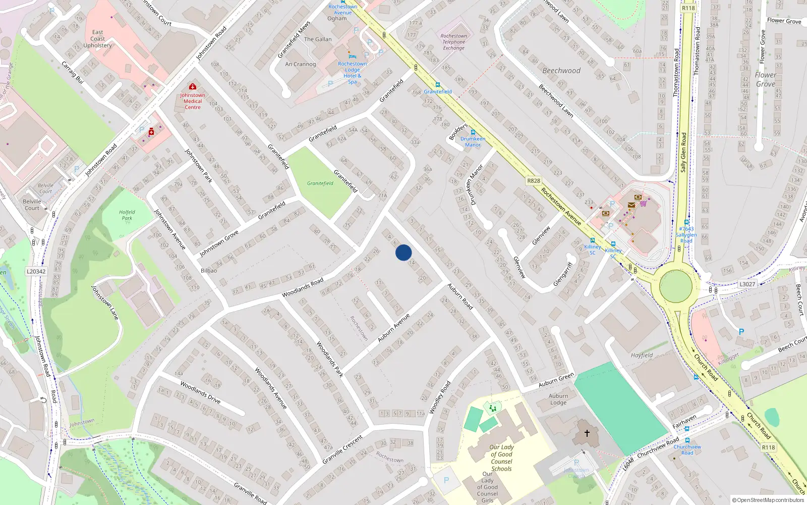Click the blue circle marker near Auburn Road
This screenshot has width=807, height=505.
[403, 252]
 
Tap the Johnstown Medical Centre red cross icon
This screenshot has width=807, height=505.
[192, 87]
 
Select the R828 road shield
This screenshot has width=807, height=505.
[533, 181]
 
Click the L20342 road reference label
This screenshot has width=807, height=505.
[36, 272]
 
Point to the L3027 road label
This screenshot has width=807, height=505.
[747, 284]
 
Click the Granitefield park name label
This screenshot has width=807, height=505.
[320, 183]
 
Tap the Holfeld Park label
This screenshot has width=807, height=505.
[127, 215]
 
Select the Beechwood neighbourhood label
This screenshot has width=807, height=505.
[561, 71]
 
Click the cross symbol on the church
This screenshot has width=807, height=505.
[587, 433]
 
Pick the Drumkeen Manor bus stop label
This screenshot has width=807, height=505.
[473, 141]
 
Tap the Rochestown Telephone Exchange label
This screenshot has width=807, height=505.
[453, 42]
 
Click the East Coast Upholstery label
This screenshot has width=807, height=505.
[98, 39]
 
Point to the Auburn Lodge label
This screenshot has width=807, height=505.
[558, 399]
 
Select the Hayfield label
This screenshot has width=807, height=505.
[642, 355]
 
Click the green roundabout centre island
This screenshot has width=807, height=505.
[675, 286]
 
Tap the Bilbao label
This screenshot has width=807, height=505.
[209, 271]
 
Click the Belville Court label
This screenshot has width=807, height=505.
[32, 205]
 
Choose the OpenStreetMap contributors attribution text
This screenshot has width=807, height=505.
[768, 500]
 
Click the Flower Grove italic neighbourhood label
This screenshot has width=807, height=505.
[766, 79]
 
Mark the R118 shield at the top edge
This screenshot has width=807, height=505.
[688, 8]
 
